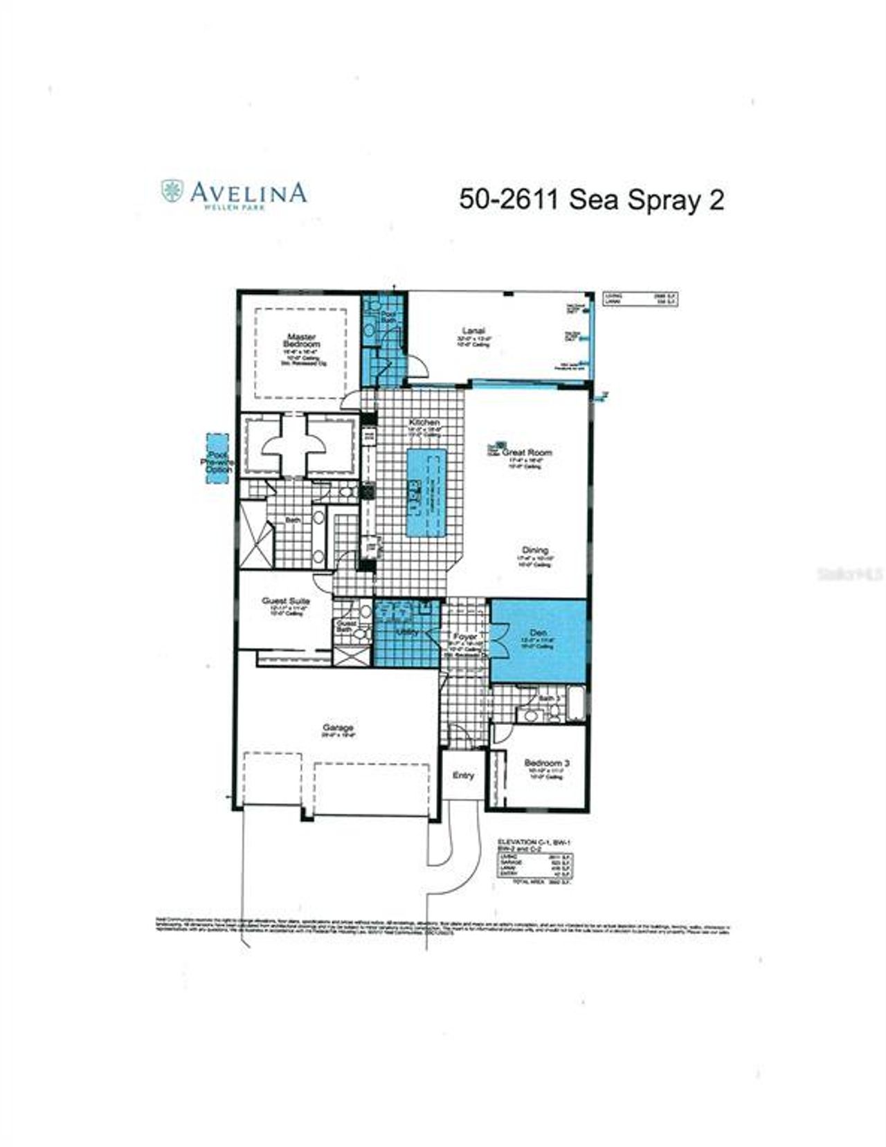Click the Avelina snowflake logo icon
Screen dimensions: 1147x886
[x=172, y=191]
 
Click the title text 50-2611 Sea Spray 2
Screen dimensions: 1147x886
[x=591, y=200]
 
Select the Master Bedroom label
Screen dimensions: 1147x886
[x=302, y=340]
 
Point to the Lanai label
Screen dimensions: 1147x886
[x=473, y=331]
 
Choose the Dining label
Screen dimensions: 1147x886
[x=535, y=551]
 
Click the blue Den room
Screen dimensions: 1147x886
[x=539, y=641]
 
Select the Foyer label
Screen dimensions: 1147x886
[x=464, y=636]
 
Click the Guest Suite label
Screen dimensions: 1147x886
[x=285, y=601]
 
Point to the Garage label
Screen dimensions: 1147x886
[x=338, y=728]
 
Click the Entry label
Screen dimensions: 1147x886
[x=463, y=776]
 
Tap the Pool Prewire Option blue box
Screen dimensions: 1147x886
[x=217, y=461]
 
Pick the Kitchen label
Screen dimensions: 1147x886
[x=424, y=422]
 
